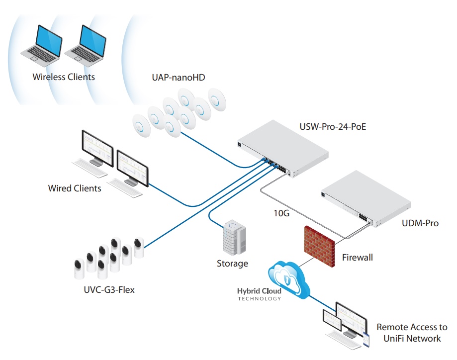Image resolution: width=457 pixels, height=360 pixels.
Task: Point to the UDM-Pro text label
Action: click(420, 223)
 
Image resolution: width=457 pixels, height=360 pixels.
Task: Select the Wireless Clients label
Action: click(64, 77)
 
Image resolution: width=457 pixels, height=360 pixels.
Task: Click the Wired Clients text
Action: click(75, 188)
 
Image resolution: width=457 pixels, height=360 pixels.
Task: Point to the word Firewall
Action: click(357, 258)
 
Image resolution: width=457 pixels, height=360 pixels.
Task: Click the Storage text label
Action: click(232, 264)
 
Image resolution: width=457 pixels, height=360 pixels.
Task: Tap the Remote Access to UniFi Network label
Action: click(412, 333)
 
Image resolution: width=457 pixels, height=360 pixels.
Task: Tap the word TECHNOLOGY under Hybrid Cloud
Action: click(259, 299)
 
